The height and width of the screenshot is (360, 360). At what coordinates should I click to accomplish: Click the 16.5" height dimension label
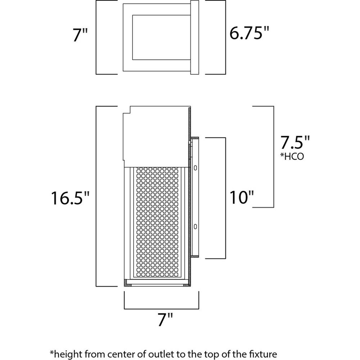point(70,198)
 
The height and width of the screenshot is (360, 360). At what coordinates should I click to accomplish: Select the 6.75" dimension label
point(249,33)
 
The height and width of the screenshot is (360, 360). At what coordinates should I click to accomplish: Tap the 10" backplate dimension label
point(242,197)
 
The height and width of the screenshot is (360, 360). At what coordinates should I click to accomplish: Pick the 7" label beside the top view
point(80,35)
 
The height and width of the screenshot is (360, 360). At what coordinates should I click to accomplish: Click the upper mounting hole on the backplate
point(195,168)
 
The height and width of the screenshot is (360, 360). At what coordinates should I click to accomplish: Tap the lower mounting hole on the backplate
point(195,226)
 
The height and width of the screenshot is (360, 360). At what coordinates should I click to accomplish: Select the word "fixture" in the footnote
point(264,354)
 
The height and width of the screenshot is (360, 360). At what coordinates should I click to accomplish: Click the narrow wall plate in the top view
point(194,37)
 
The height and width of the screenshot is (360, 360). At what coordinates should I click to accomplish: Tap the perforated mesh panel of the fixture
point(157,222)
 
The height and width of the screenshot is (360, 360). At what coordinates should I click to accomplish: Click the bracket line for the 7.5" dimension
point(274,157)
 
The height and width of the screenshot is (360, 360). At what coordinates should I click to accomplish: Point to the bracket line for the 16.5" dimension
point(96,196)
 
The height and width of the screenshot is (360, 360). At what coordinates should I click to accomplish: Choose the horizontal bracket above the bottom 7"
point(161,309)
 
